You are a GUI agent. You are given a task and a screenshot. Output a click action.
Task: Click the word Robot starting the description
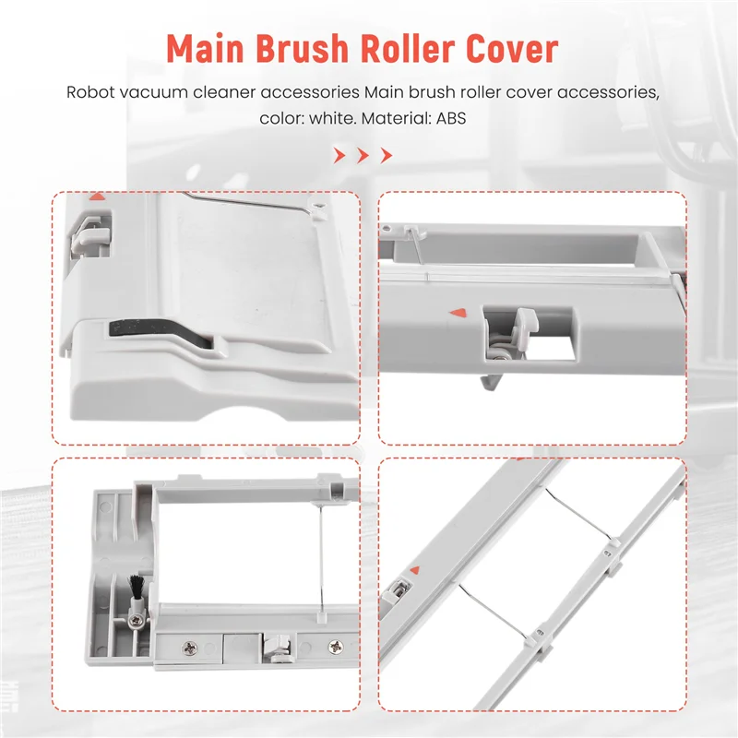click(x=91, y=93)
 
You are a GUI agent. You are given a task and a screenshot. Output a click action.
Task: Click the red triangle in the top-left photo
click(x=97, y=196)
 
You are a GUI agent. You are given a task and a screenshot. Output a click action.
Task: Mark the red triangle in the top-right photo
click(x=454, y=314)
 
